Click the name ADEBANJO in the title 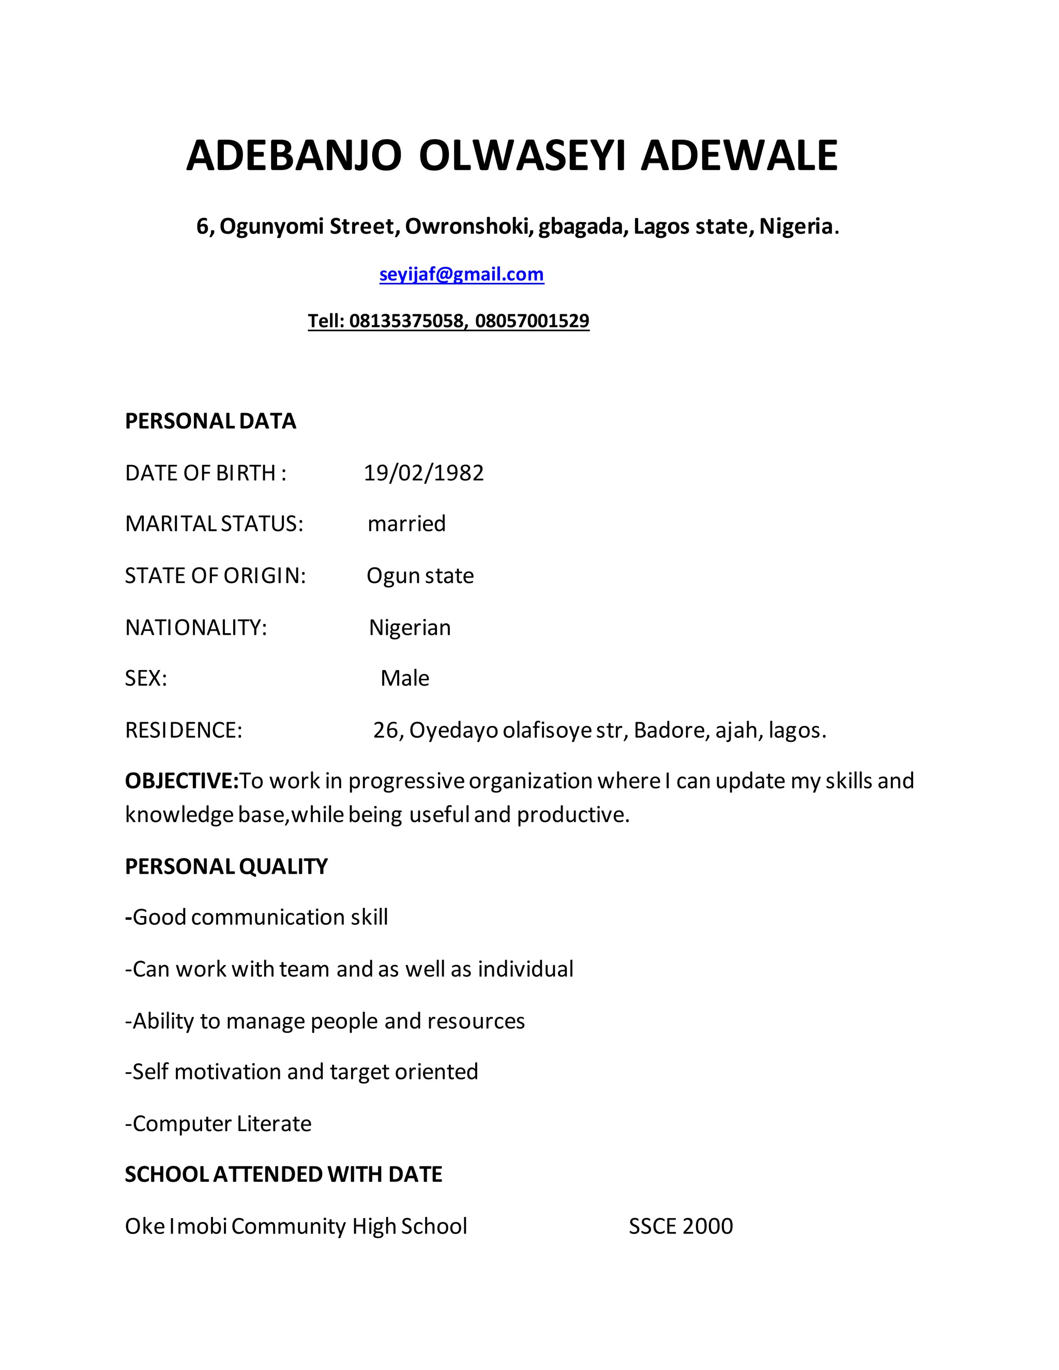click(294, 156)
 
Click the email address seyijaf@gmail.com click(462, 274)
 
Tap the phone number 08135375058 click(406, 321)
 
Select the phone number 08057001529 click(532, 321)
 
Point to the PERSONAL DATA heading click(210, 421)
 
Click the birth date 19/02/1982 click(423, 473)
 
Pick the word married click(406, 524)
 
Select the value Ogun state click(420, 576)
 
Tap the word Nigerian click(410, 627)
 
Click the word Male click(405, 678)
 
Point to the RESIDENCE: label click(183, 730)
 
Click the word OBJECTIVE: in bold click(182, 781)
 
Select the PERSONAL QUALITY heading click(226, 866)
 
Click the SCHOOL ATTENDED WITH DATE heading click(283, 1174)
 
